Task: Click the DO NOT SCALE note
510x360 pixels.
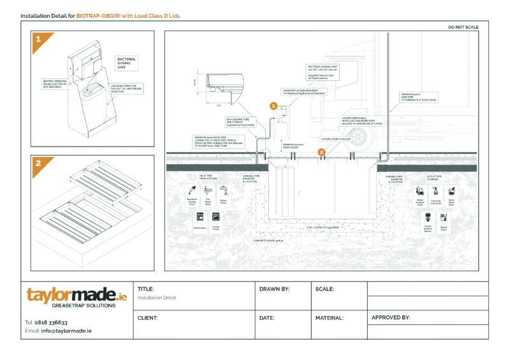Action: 463,27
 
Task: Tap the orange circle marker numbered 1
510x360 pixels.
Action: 273,106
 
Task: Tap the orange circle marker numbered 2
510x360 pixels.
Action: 321,152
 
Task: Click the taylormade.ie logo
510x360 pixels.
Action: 76,295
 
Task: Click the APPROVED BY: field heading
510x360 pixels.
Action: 390,317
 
